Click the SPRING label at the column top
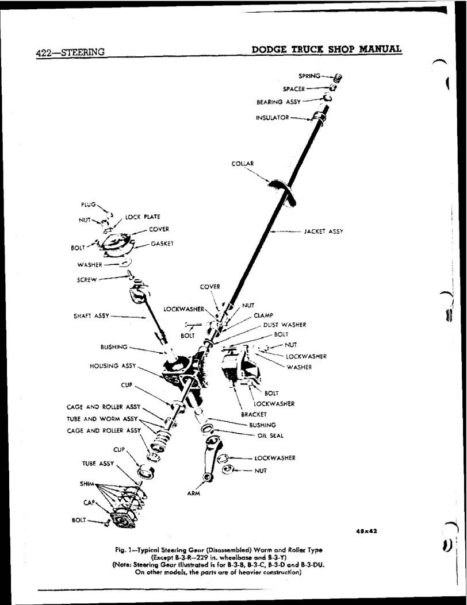pyautogui.click(x=309, y=75)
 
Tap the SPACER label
pyautogui.click(x=293, y=88)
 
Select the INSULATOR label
pyautogui.click(x=272, y=118)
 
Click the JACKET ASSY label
pyautogui.click(x=323, y=232)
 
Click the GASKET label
pyautogui.click(x=162, y=244)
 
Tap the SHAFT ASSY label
pyautogui.click(x=90, y=315)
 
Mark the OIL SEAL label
pyautogui.click(x=270, y=435)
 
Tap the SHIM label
pyautogui.click(x=87, y=483)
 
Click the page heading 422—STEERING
pyautogui.click(x=70, y=52)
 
